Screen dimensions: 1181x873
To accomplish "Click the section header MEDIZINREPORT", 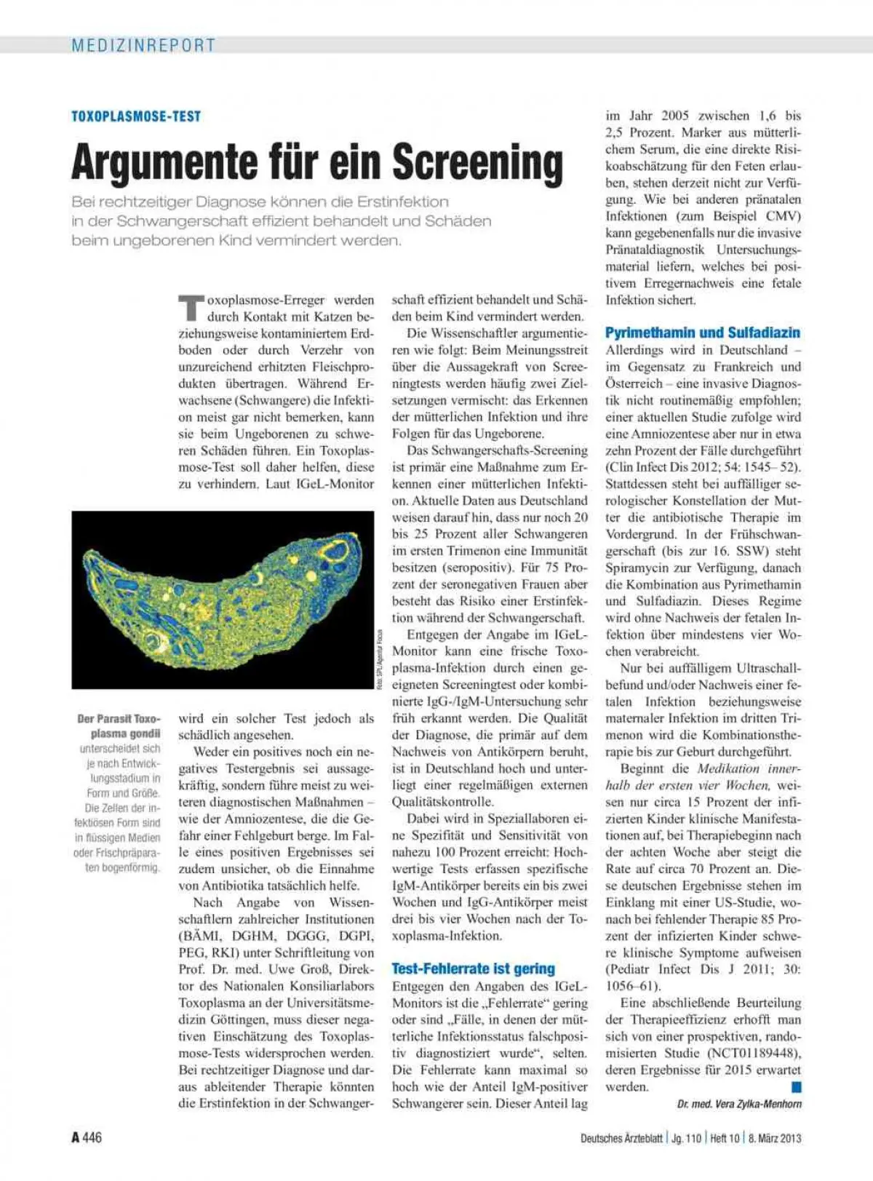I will pos(143,45).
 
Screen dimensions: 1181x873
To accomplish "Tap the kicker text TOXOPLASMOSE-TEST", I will pos(136,116).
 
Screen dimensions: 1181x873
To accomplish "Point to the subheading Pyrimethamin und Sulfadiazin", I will pos(702,333).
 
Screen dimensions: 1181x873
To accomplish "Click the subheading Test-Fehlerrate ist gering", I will pos(473,969).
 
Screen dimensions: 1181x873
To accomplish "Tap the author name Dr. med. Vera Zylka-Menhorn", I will pos(739,1104).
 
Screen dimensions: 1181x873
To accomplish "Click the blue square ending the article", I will pos(796,1087).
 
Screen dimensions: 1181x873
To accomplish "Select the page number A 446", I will pos(87,1137).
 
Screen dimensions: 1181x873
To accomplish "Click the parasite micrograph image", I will pos(223,600).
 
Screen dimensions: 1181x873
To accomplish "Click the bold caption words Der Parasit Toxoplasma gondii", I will pos(119,726).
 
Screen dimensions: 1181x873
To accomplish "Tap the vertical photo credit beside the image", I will pos(379,659).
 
